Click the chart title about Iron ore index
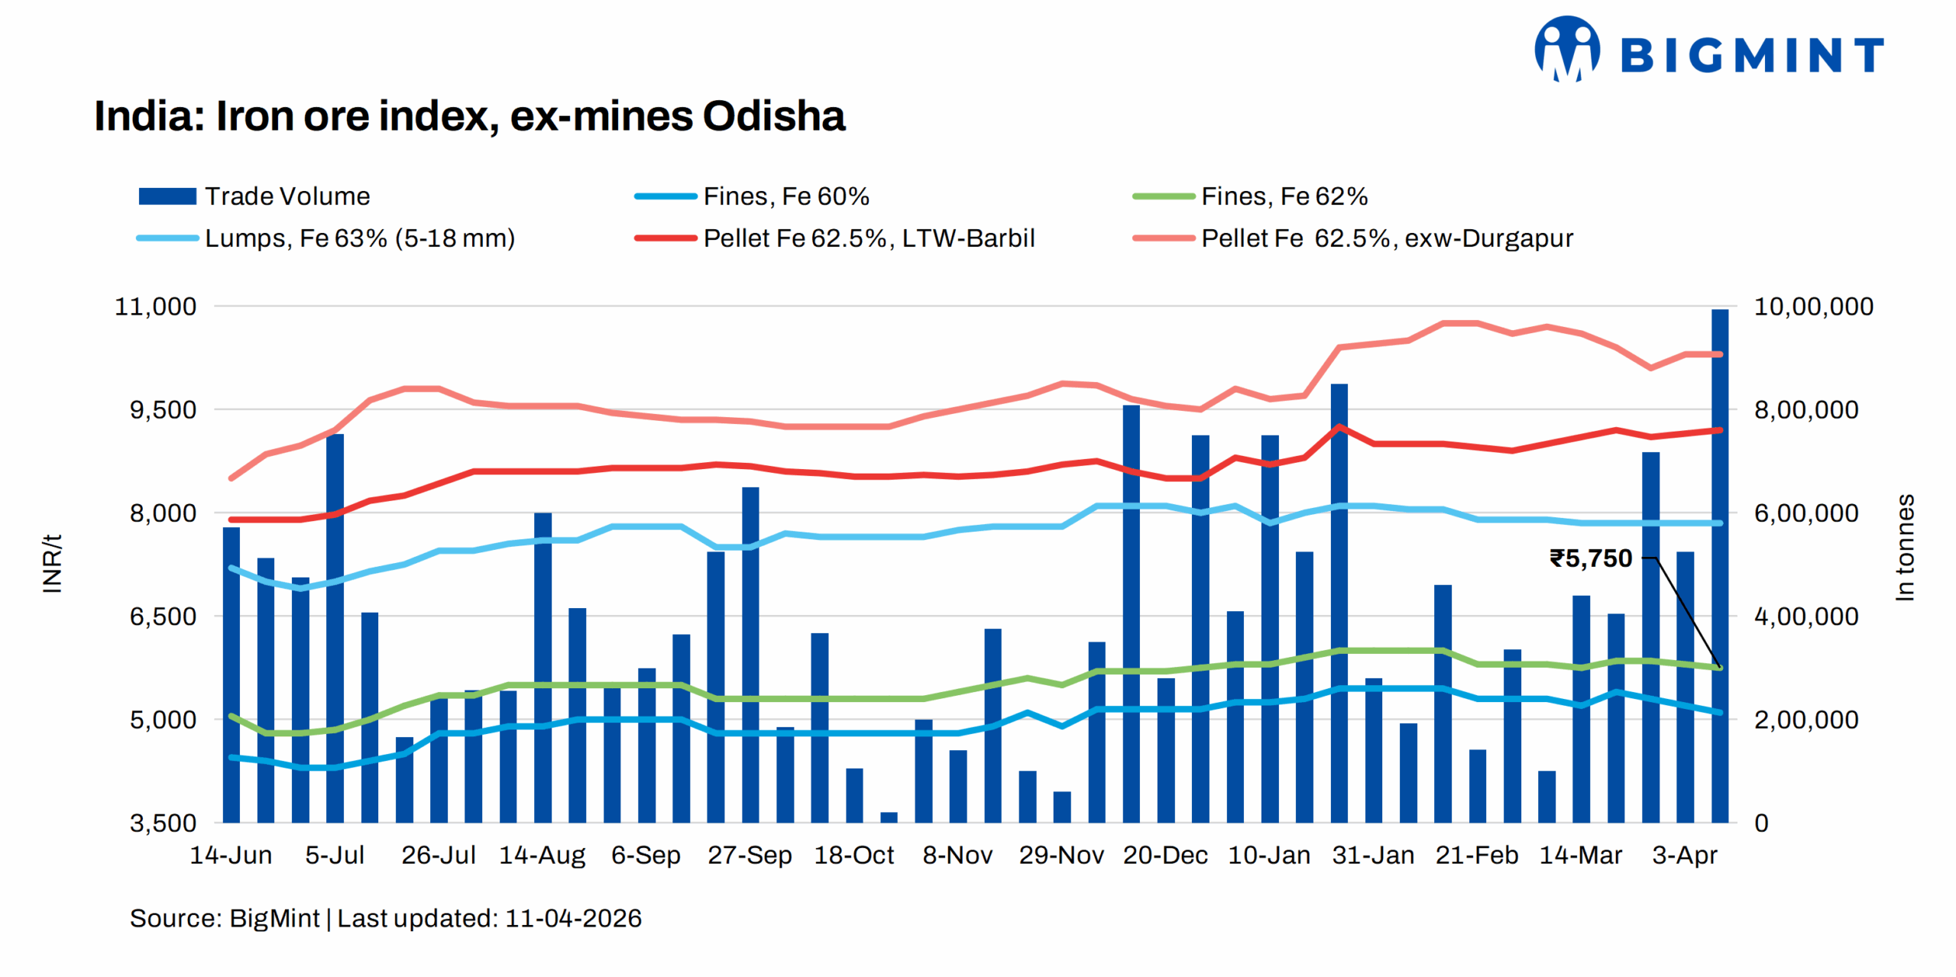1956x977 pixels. [469, 116]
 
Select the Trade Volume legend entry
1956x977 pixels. [254, 196]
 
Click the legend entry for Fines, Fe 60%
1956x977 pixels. [753, 196]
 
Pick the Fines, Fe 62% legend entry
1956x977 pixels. [1251, 196]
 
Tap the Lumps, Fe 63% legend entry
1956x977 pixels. [326, 238]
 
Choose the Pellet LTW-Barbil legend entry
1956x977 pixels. [835, 238]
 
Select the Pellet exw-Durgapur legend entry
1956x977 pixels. [1353, 238]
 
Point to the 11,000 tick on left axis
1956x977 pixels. [155, 306]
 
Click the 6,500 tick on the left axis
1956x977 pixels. [162, 616]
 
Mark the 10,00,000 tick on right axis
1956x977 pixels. [1813, 306]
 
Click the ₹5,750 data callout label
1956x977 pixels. [1590, 558]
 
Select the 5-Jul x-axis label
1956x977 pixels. [335, 855]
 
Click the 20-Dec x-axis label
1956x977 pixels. [1165, 855]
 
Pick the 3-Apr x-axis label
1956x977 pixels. [1684, 855]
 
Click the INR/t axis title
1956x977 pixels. [52, 564]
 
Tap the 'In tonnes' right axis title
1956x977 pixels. [1905, 547]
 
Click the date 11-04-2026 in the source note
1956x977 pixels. [573, 918]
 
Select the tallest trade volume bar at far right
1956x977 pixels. [1719, 565]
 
